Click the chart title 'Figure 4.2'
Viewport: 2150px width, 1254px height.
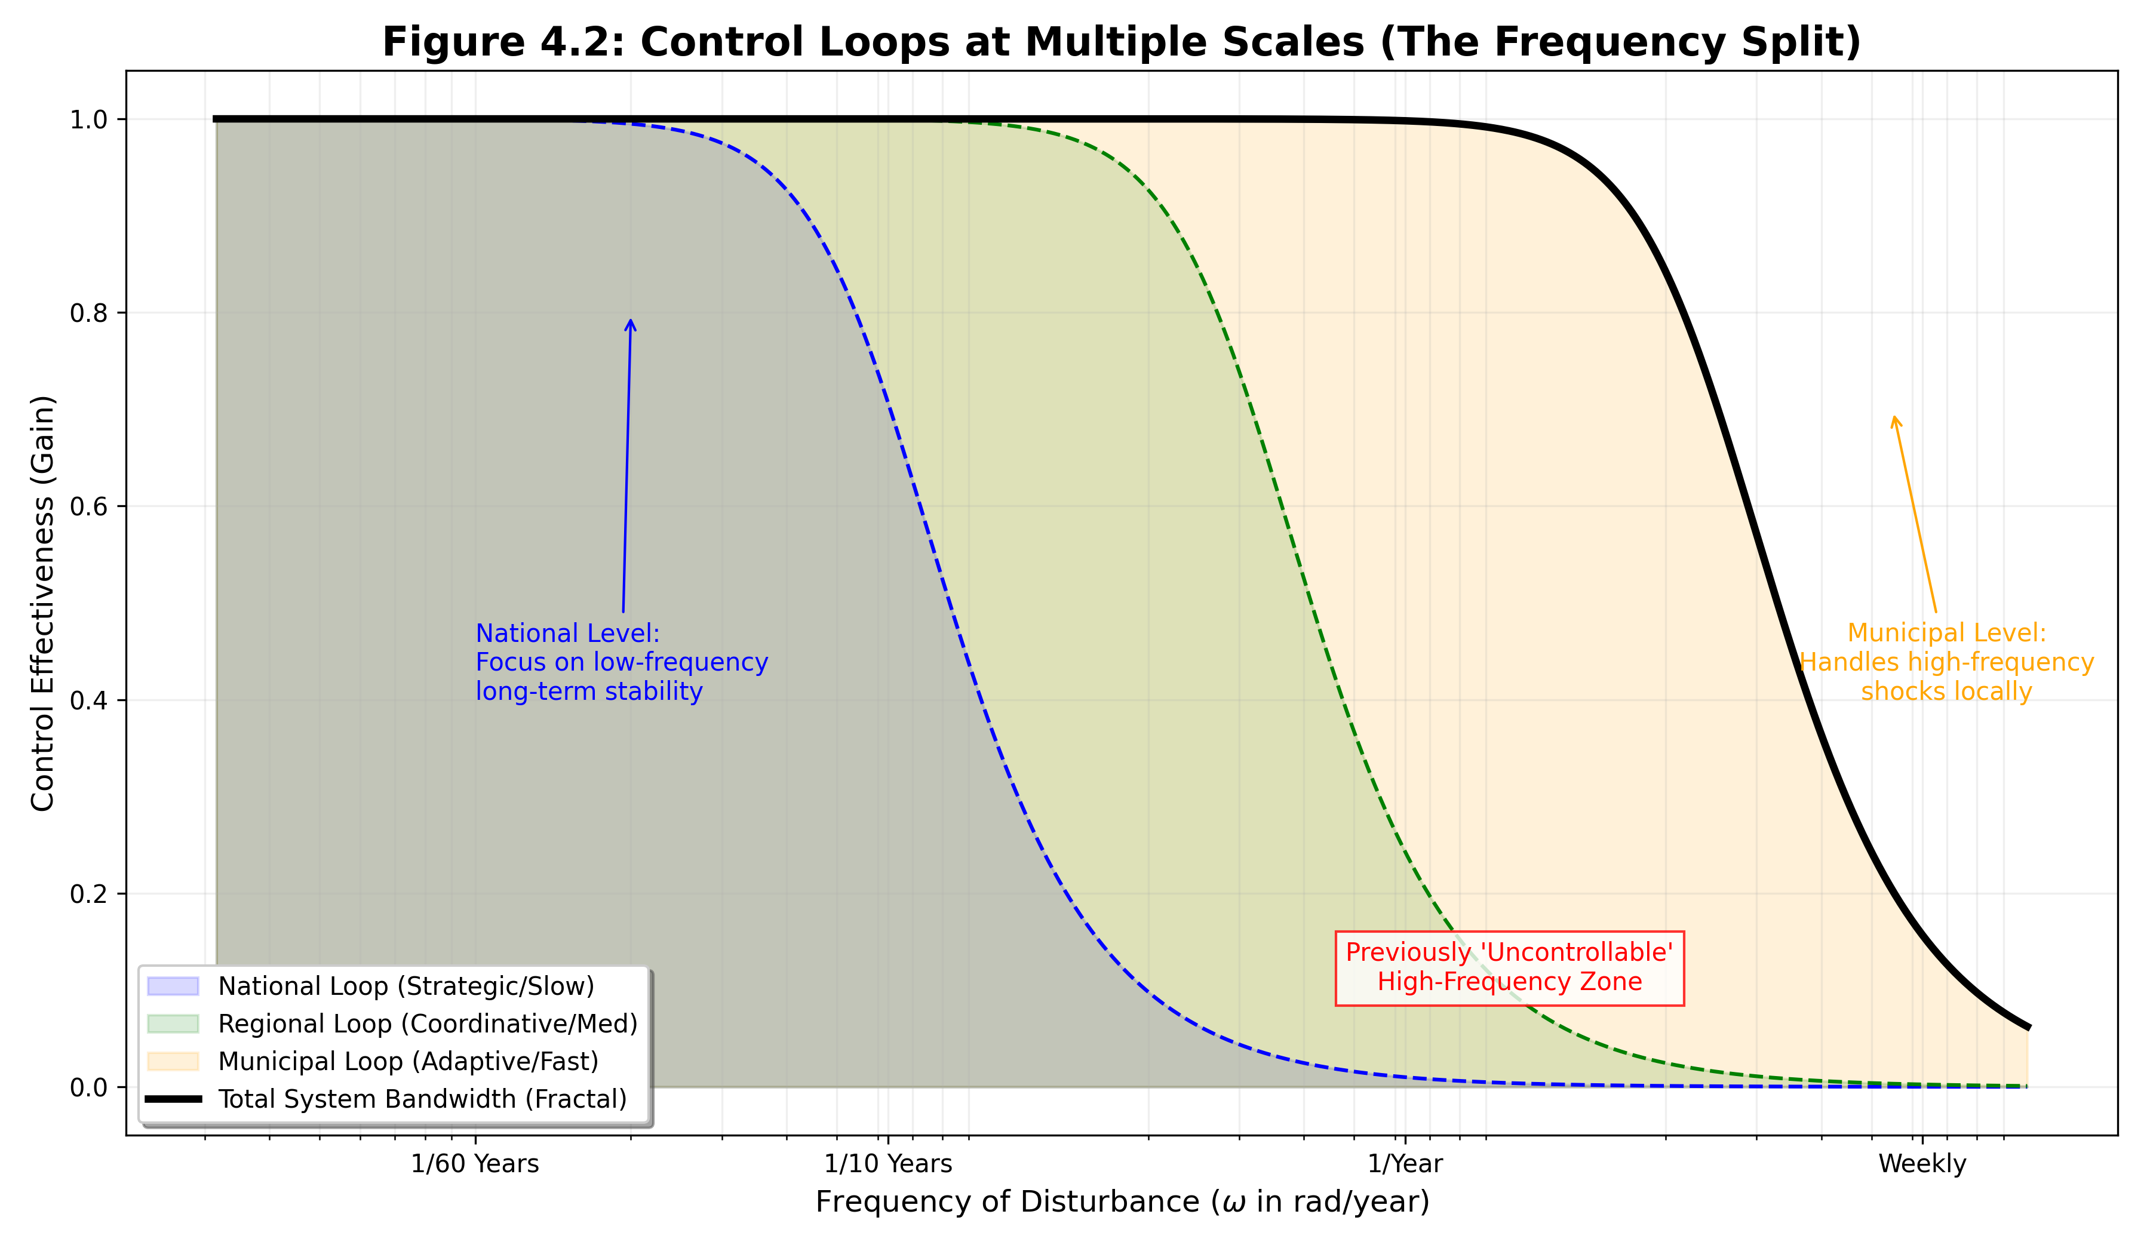[1121, 42]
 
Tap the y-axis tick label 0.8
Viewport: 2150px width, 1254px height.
[89, 313]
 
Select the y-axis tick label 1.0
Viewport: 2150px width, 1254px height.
[89, 119]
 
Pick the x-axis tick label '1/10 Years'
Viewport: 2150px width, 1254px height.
[887, 1164]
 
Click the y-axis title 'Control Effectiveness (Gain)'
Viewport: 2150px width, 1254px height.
[42, 603]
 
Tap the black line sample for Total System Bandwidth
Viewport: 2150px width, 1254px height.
[173, 1099]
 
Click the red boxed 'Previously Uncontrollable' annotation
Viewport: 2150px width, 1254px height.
[1509, 967]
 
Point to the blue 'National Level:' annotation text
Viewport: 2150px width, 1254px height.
[567, 634]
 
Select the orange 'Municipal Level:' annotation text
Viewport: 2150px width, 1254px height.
[1946, 634]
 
